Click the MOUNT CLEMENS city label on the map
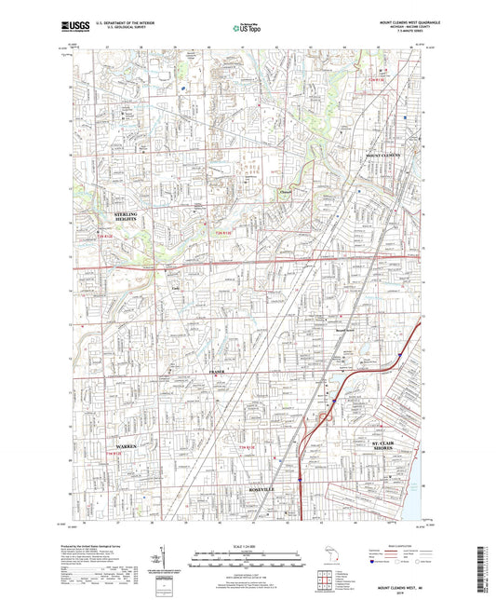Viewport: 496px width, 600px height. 382,155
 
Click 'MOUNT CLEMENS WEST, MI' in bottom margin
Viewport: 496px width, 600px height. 400,586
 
